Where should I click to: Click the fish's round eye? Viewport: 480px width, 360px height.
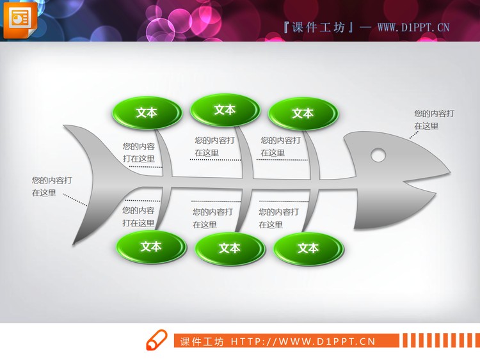378,154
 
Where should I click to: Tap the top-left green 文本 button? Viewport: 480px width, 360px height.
147,113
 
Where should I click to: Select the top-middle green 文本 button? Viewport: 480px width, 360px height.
225,110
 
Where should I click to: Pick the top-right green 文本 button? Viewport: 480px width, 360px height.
303,113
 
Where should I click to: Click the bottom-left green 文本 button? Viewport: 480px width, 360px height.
151,246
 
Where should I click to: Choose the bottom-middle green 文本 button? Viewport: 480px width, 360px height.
229,248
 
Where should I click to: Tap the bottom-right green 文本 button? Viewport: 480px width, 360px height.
308,248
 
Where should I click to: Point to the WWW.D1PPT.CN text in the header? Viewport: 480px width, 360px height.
413,27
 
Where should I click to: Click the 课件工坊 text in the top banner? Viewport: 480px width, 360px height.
317,27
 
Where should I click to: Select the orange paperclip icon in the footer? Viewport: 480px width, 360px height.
156,341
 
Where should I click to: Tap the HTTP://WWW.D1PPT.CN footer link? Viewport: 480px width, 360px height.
302,341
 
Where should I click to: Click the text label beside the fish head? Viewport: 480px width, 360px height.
433,120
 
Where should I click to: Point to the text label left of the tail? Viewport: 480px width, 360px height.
51,187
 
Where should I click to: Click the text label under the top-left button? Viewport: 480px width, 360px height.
139,152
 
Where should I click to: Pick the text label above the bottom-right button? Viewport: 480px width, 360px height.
278,218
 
